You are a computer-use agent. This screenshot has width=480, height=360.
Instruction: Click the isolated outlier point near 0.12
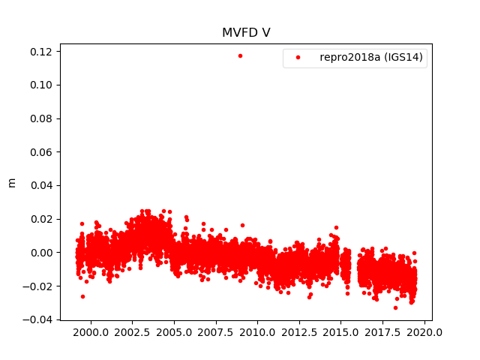(x=240, y=55)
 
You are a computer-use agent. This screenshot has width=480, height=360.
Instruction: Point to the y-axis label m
(x=11, y=182)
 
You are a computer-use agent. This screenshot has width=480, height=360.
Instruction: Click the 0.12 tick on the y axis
(x=40, y=52)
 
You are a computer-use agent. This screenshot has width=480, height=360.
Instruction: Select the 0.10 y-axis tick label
(x=40, y=85)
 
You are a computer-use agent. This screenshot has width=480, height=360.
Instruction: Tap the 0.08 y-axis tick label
(x=40, y=118)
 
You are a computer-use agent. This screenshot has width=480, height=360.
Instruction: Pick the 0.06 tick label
(x=40, y=152)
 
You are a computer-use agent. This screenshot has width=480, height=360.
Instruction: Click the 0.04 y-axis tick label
(x=40, y=185)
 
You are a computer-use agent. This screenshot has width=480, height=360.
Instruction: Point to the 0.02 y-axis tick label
(x=40, y=219)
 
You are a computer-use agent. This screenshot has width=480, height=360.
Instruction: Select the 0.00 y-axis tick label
(x=40, y=253)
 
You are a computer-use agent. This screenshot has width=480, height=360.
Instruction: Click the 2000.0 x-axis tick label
(x=90, y=332)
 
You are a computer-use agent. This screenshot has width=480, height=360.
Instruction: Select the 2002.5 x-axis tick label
(x=132, y=332)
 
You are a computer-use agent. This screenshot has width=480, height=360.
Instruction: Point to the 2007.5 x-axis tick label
(x=216, y=332)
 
